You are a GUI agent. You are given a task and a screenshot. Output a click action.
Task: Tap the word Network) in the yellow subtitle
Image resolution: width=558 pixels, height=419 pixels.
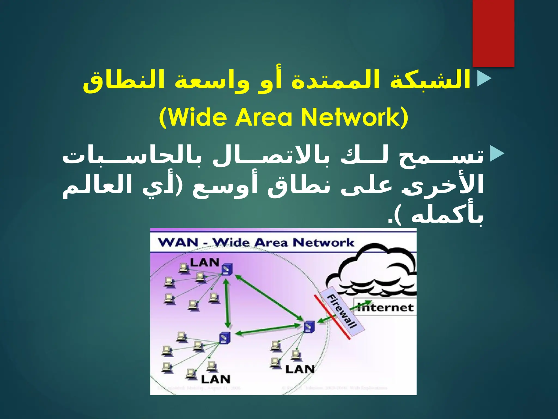click(354, 117)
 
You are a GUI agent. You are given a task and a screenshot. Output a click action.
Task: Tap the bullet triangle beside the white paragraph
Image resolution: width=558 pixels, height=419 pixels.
click(497, 154)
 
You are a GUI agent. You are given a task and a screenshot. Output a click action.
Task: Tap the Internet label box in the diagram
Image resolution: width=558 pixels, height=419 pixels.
click(385, 307)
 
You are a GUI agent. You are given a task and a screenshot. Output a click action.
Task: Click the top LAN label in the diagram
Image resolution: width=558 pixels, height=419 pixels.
click(205, 262)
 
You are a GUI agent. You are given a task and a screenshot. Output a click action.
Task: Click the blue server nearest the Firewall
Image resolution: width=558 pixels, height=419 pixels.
click(309, 326)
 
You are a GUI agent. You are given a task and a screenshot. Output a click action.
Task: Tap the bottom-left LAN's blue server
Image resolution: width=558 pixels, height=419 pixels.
click(225, 338)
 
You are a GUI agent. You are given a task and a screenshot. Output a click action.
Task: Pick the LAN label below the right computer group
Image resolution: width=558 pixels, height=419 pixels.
click(300, 369)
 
